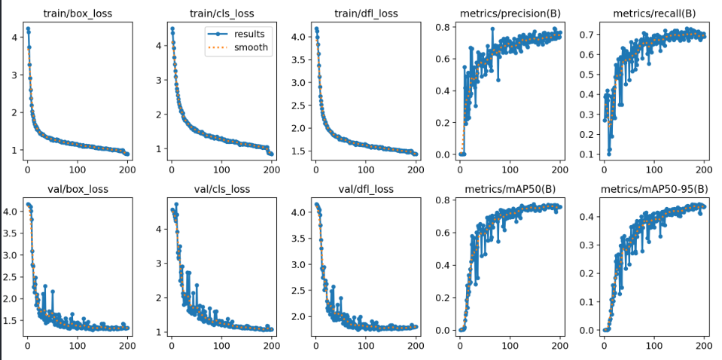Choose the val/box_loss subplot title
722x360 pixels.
[x=78, y=188]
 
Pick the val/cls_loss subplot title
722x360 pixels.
[x=221, y=188]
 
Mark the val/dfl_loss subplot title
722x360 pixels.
[x=366, y=188]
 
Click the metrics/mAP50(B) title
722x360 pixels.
[x=510, y=188]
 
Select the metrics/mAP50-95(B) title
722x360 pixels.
[x=653, y=188]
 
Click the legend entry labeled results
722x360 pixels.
[x=248, y=34]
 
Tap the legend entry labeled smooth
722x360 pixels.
[x=248, y=47]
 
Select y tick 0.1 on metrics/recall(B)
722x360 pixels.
[x=585, y=154]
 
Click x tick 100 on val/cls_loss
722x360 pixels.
[x=221, y=346]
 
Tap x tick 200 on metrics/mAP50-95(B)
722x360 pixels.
[x=703, y=346]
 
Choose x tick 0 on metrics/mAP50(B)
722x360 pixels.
[x=460, y=346]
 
